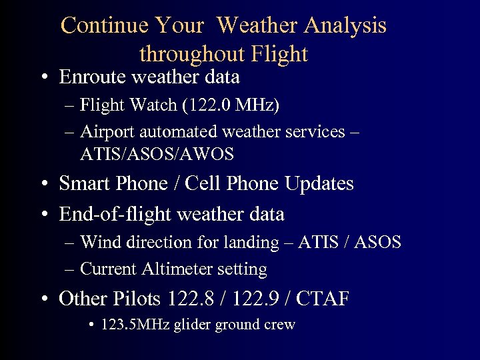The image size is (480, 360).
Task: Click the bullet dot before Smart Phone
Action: point(43,184)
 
